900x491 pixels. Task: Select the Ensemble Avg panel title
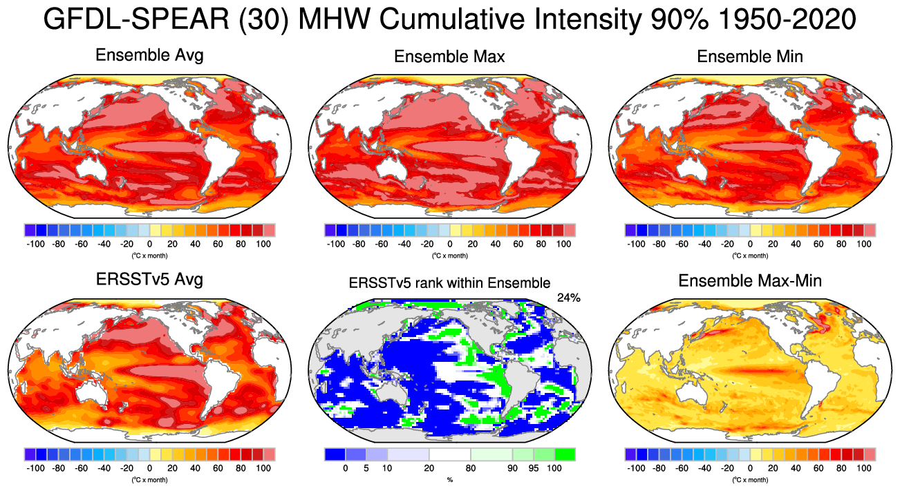pos(149,55)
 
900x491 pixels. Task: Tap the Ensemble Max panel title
pos(449,57)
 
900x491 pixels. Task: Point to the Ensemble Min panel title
pos(750,57)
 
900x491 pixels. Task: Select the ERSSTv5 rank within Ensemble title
pos(449,282)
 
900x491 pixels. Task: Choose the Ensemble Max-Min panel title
pos(750,281)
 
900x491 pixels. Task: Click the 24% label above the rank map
pos(568,298)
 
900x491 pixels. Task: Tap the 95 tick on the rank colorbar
pos(533,469)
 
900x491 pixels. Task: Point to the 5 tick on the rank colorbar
pos(367,469)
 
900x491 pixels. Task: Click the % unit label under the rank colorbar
pos(449,479)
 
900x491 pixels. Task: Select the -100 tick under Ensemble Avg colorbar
pos(35,244)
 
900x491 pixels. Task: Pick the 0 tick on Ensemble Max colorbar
pos(449,244)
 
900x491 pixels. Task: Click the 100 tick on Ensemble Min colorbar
pos(864,244)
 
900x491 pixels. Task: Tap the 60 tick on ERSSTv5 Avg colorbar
pos(218,468)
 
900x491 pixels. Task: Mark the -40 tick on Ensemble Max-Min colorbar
pos(704,468)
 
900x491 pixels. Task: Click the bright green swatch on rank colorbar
pos(564,454)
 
